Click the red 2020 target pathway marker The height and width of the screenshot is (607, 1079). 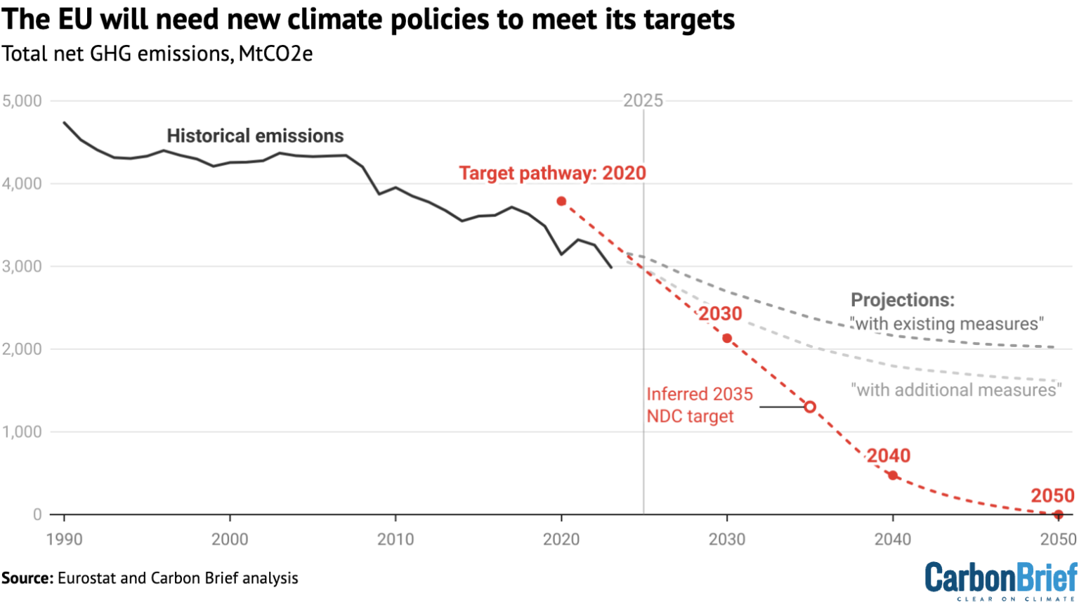pos(561,202)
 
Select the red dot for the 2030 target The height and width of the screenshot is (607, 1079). pos(727,339)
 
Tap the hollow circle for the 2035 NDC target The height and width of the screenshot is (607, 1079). pos(809,407)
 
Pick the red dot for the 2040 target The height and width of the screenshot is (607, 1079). pos(893,476)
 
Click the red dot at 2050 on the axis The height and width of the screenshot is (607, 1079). pos(1058,515)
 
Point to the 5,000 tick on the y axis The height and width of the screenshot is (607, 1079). pos(22,101)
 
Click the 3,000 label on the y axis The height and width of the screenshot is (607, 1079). pos(22,266)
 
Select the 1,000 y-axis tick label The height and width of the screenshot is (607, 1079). pos(22,432)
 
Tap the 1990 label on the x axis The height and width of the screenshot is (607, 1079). pos(64,540)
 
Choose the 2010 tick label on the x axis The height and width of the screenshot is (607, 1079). pos(395,540)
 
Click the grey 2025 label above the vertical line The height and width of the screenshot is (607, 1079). pos(643,100)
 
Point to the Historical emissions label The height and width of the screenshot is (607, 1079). pos(255,136)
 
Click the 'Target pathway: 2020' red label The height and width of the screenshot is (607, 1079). pos(552,174)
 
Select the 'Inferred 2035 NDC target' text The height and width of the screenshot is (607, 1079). pos(699,405)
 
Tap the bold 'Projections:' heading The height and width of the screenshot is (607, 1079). pos(903,300)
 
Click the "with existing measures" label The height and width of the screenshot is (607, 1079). pos(947,324)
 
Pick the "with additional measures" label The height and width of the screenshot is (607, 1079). pos(955,390)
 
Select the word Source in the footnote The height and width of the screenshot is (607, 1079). pos(27,578)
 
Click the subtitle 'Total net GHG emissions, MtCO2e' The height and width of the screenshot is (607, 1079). pos(157,53)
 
